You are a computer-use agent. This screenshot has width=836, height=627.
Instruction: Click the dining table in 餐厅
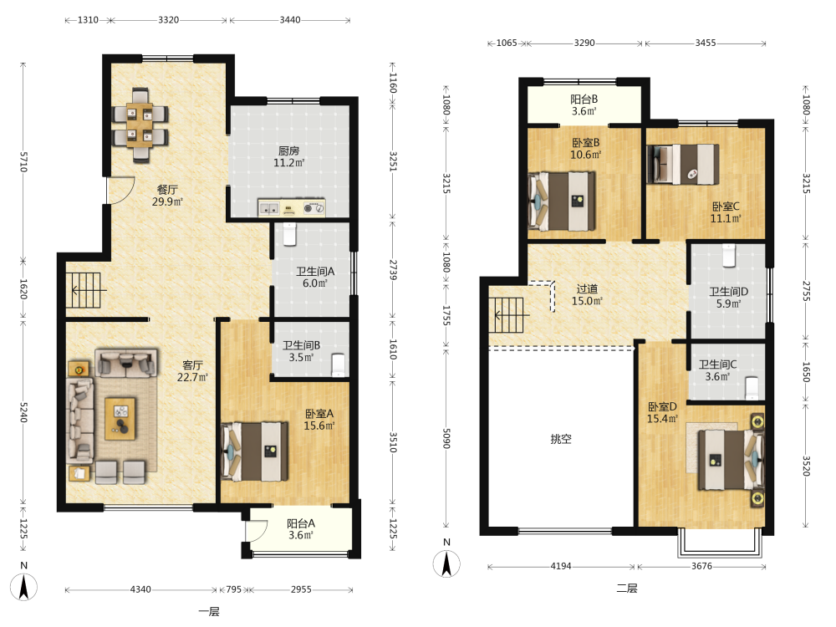(x=140, y=125)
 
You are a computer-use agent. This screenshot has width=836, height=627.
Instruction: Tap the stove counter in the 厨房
(x=291, y=207)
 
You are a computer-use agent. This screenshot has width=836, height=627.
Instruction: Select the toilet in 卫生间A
(x=289, y=234)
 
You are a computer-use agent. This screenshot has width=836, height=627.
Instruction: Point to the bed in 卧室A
(x=254, y=451)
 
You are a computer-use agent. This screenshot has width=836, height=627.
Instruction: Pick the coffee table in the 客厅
(x=120, y=418)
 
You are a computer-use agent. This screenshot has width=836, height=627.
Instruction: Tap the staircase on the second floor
(x=508, y=314)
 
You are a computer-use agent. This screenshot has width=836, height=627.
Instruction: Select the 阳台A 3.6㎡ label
(x=301, y=529)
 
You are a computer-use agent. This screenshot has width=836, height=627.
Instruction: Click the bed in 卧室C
(x=682, y=164)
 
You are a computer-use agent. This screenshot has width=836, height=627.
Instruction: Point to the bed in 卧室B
(x=562, y=201)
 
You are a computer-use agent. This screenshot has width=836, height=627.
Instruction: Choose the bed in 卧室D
(x=731, y=460)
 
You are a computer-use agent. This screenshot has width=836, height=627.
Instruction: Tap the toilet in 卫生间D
(x=729, y=255)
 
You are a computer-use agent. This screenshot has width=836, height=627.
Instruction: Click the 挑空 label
(x=561, y=439)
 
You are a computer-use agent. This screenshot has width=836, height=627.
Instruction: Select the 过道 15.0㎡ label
(x=587, y=295)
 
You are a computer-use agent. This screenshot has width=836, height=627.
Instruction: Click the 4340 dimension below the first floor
(x=140, y=589)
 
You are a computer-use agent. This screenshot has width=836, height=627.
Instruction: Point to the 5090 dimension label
(x=446, y=438)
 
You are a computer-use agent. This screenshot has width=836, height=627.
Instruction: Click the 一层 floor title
(x=209, y=612)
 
